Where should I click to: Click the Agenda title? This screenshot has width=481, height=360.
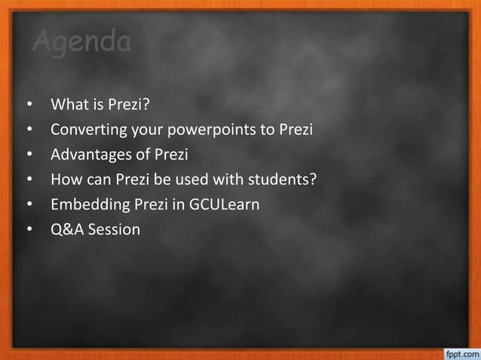click(x=81, y=42)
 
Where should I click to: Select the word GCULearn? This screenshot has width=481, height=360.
click(x=225, y=204)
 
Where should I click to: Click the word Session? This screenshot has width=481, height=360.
click(x=114, y=229)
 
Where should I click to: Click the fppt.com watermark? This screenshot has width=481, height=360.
click(x=459, y=352)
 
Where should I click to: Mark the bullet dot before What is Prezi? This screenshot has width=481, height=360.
click(x=29, y=104)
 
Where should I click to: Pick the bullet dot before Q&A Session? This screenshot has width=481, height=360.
click(x=29, y=230)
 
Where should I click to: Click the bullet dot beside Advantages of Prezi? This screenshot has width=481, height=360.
click(x=29, y=154)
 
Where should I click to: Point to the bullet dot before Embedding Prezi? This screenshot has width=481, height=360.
click(x=29, y=205)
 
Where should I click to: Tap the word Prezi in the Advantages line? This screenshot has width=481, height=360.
click(x=170, y=154)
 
